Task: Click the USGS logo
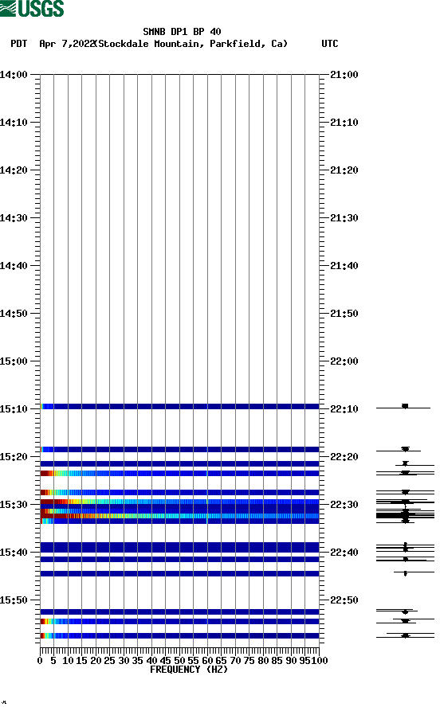coord(32,9)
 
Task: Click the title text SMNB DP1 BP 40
coord(182,32)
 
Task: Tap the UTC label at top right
coord(329,44)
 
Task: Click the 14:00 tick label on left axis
coord(14,75)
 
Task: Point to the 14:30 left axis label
coord(14,218)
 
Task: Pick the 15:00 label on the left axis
coord(14,361)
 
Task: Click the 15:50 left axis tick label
coord(14,600)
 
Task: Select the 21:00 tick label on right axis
coord(344,75)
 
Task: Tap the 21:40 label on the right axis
coord(344,266)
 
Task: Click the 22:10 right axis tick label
coord(344,409)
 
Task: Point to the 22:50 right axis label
coord(344,600)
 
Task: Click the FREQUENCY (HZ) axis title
coord(188,670)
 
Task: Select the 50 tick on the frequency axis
coord(179,660)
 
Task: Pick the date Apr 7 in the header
coord(55,44)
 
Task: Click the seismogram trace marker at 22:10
coord(405,407)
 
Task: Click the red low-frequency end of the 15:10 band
coord(42,406)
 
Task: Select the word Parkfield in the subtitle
coord(237,44)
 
